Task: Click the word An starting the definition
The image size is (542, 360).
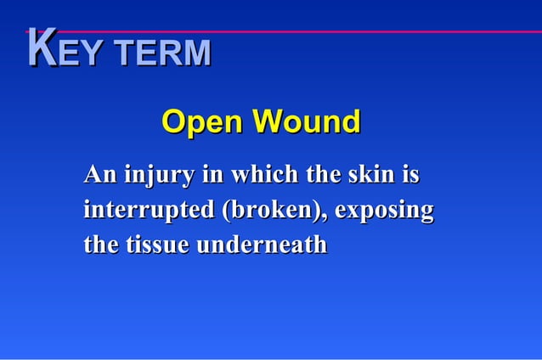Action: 100,176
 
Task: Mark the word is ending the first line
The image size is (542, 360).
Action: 411,176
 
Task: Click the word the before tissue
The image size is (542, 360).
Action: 101,245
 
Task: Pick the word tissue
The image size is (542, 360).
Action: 158,245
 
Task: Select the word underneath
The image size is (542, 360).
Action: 262,245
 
